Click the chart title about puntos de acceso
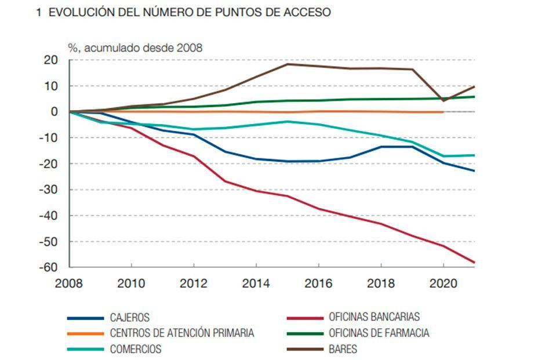coord(183,13)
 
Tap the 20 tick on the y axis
coord(51,60)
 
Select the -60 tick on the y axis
coord(49,267)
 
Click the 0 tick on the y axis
coord(55,112)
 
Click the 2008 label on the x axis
coord(69,283)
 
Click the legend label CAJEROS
coord(129,318)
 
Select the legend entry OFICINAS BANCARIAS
coord(374,317)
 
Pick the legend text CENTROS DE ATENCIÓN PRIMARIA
coord(181,333)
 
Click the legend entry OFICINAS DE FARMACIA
coord(379,333)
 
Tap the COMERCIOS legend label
coord(136,350)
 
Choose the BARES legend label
coord(343,350)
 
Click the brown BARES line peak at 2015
coord(288,64)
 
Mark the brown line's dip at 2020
coord(444,100)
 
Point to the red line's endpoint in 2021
coord(474,263)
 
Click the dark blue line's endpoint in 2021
coord(474,170)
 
